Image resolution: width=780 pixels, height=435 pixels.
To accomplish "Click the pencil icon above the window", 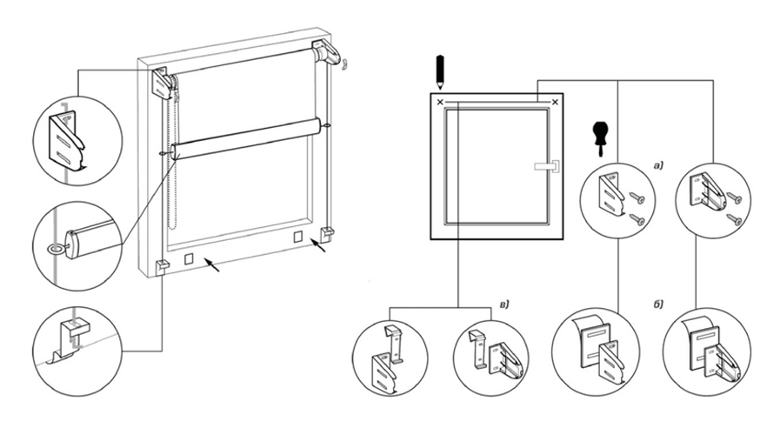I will (441, 70).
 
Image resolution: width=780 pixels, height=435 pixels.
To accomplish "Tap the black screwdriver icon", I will (597, 135).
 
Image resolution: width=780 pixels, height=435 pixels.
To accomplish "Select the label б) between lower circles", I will (657, 304).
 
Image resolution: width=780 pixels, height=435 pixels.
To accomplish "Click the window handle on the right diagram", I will (546, 164).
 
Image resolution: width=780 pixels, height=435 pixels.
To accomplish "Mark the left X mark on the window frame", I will (440, 103).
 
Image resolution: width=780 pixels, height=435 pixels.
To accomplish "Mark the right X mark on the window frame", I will (554, 103).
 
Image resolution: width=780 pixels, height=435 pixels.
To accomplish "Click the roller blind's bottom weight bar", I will (247, 139).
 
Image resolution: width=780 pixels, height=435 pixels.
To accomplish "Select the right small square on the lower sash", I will (298, 237).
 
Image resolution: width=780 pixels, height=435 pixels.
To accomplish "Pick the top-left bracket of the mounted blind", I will (164, 84).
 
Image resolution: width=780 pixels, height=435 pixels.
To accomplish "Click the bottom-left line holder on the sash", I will (163, 265).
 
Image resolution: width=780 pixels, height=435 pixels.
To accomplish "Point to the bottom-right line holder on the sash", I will (328, 232).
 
